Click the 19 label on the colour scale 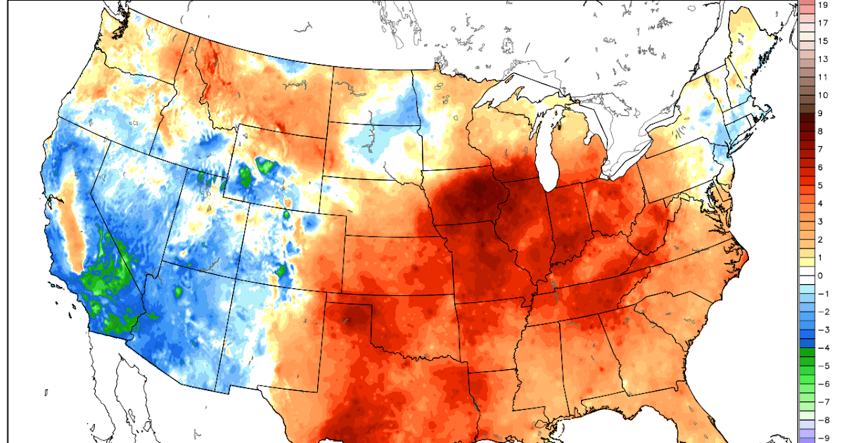(822, 5)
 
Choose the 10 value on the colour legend (823, 95)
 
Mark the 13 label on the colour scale (823, 59)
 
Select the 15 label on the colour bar (823, 41)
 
